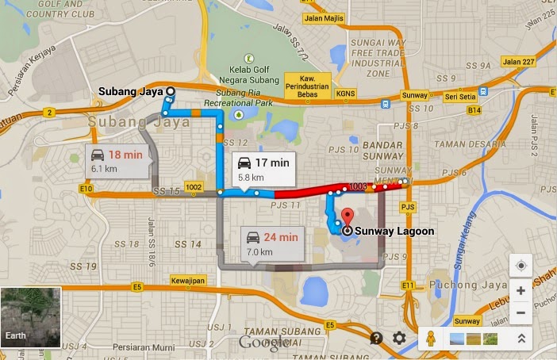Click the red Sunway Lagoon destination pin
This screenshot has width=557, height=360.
pos(346,216)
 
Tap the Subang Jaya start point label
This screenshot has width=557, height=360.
pos(131,91)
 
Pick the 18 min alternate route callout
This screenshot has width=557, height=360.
pos(116,160)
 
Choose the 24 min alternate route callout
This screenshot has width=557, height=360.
pos(272,243)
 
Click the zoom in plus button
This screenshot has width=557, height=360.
pos(521,291)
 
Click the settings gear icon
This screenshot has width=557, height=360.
pos(399,339)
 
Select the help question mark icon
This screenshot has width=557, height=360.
pos(376,339)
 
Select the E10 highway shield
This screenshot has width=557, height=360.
pos(86,189)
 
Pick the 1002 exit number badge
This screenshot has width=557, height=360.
pos(194,187)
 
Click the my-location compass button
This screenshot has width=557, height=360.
pos(521,266)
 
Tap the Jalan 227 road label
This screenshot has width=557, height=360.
pos(517,62)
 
